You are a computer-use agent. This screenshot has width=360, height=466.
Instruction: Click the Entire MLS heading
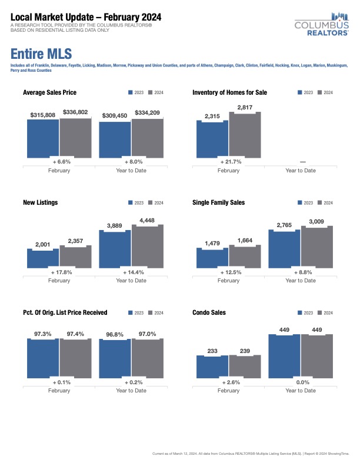[41, 54]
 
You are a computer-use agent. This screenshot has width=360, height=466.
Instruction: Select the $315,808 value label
[42, 114]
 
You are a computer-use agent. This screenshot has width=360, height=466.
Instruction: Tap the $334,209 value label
[148, 112]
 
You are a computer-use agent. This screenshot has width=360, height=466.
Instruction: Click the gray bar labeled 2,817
[245, 135]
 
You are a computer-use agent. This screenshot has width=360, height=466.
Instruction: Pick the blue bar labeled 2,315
[212, 139]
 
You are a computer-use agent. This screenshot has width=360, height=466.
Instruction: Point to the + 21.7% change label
[229, 161]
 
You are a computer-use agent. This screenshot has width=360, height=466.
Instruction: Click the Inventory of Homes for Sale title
[229, 92]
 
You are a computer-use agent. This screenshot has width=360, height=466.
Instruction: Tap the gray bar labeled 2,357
[75, 257]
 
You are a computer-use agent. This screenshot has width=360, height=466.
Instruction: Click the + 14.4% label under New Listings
[131, 272]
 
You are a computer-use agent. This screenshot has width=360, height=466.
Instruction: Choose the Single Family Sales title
[219, 202]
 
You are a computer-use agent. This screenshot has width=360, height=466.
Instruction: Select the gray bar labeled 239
[245, 366]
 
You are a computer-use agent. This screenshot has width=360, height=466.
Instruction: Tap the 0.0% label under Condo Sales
[301, 382]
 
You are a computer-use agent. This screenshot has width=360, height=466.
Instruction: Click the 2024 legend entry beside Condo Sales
[325, 312]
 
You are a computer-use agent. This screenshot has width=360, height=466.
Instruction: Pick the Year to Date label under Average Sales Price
[131, 170]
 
